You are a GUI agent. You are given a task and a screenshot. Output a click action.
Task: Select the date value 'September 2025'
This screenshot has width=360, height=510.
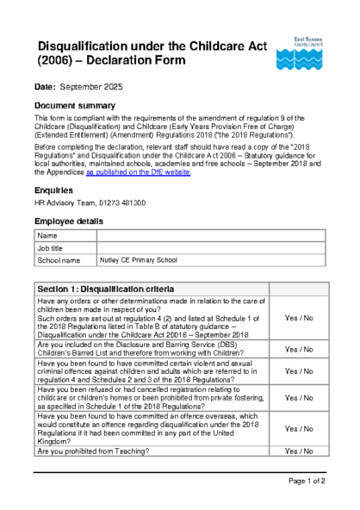pyautogui.click(x=90, y=88)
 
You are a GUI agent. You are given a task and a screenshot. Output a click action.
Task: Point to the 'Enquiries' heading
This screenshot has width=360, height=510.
pyautogui.click(x=53, y=190)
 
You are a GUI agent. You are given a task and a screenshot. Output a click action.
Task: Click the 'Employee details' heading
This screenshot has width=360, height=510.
pyautogui.click(x=70, y=221)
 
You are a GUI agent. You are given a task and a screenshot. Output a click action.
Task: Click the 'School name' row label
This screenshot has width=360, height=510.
pyautogui.click(x=59, y=259)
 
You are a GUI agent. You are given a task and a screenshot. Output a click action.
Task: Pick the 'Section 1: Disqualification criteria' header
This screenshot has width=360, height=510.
pyautogui.click(x=106, y=288)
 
